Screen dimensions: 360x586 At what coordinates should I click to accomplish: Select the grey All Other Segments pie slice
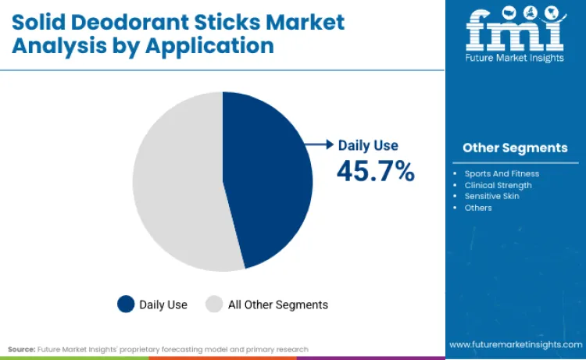coord(176,184)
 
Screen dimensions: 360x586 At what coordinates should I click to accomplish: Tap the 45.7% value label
coord(375,171)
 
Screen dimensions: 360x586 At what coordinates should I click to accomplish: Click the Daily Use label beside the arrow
coord(368,145)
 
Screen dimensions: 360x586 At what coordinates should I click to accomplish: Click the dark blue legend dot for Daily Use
coord(125,305)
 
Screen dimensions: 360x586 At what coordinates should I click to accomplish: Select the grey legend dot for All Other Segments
coord(214,305)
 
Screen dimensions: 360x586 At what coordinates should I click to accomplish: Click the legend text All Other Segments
coord(277,305)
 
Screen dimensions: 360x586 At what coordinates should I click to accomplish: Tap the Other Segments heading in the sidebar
coord(515,148)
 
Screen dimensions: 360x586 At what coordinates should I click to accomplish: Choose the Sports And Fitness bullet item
coord(502,173)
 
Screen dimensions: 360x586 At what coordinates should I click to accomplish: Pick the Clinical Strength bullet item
coord(498,185)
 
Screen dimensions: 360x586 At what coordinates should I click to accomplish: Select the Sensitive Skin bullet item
coord(491,196)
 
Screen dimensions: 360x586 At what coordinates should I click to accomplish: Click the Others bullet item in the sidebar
coord(478,208)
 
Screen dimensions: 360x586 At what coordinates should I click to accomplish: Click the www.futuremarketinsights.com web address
coord(515,344)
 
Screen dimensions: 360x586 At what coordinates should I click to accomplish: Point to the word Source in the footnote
coord(22,349)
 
